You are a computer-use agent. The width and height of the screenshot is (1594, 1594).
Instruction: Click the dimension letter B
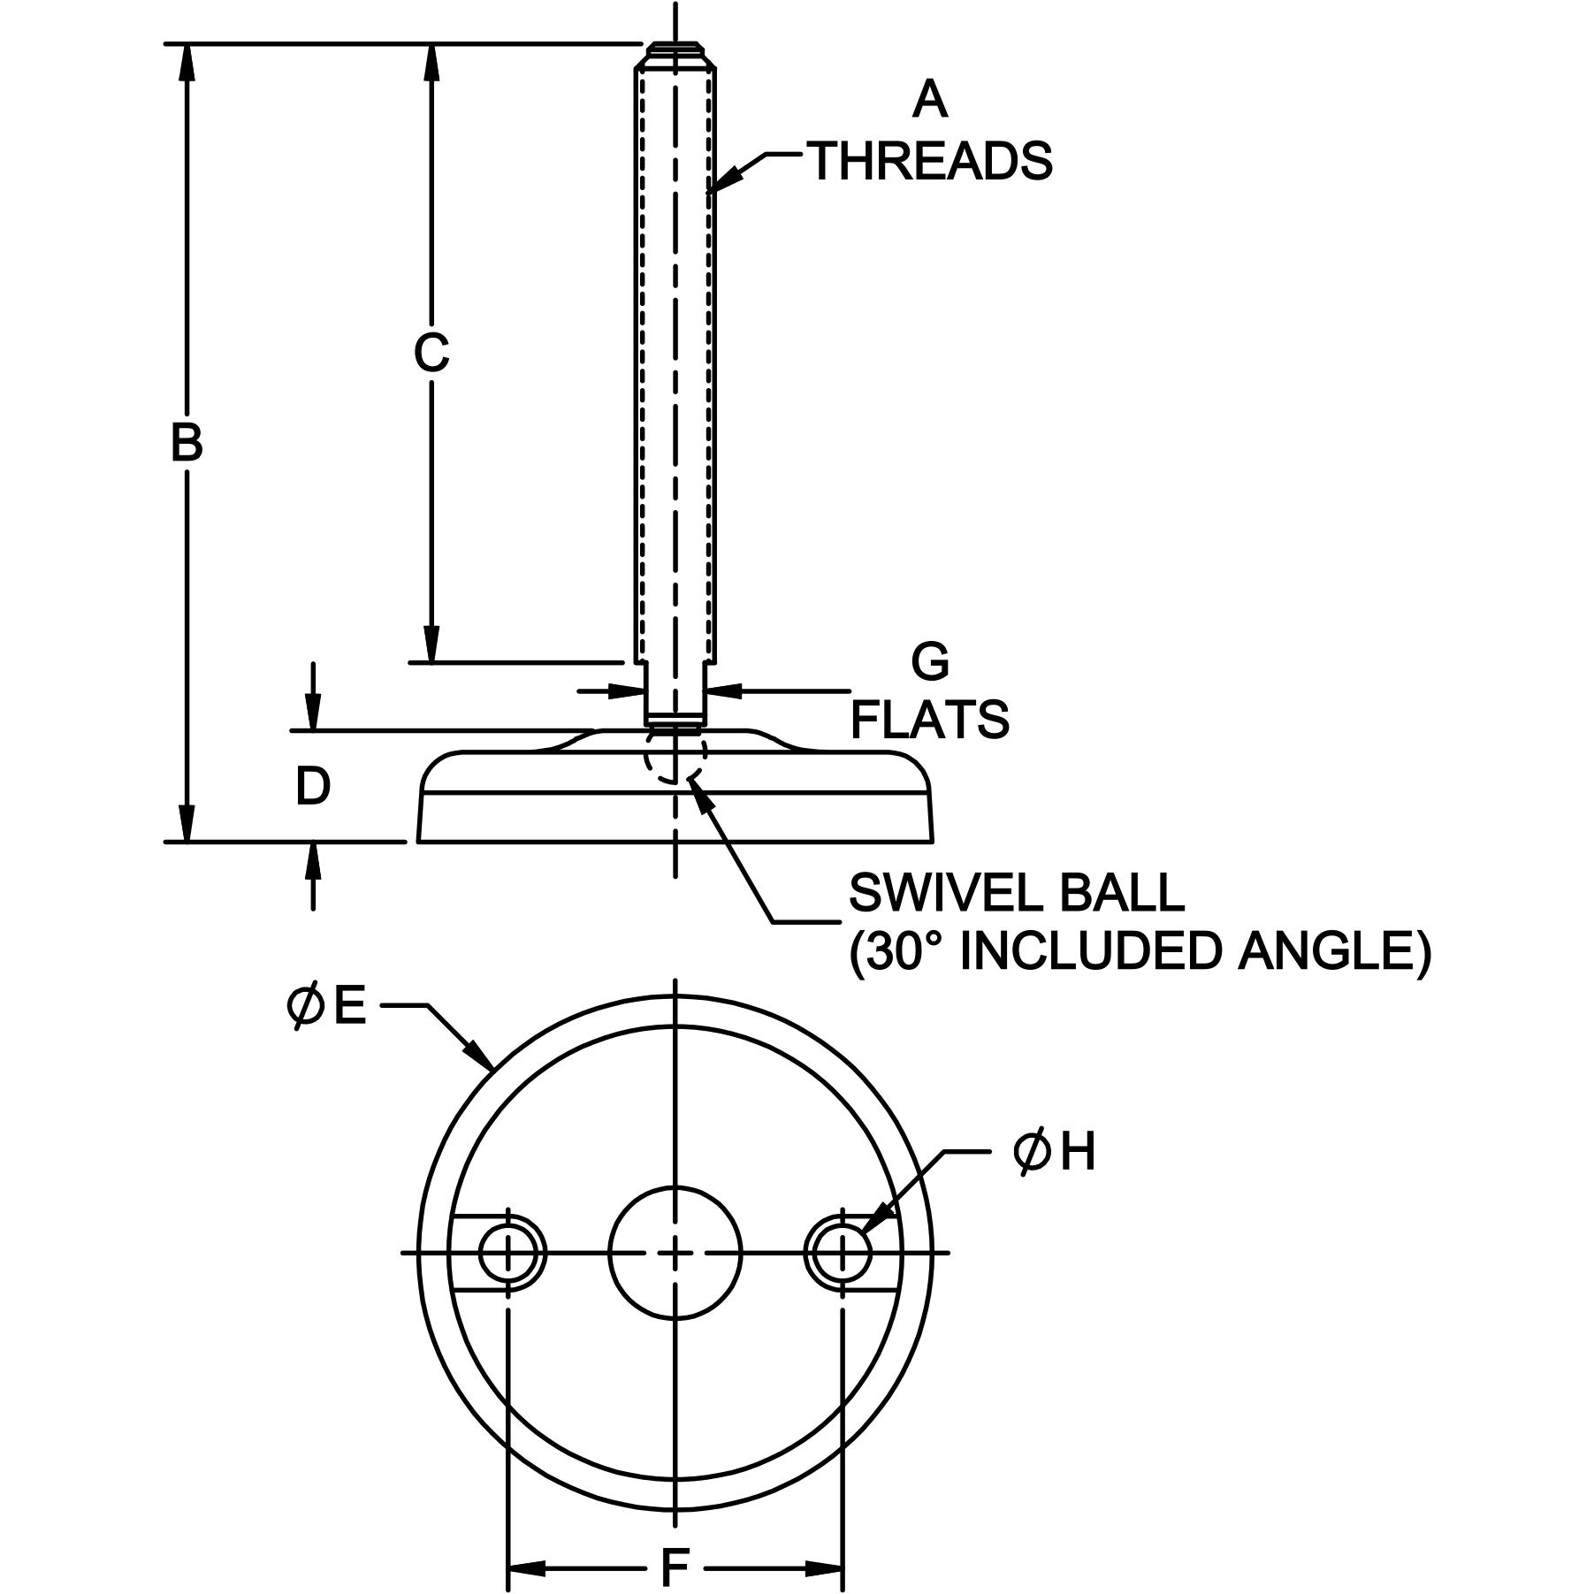pos(187,443)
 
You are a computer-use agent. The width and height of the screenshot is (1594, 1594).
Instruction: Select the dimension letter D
pos(313,786)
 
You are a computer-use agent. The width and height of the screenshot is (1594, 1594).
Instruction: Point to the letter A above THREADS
pos(929,99)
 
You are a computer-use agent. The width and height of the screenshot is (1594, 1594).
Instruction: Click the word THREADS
pos(932,161)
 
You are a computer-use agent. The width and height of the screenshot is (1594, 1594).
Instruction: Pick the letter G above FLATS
pos(929,661)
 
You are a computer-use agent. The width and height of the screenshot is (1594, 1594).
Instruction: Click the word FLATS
pos(929,720)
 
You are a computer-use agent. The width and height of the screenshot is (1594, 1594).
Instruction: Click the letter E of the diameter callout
pos(350,1007)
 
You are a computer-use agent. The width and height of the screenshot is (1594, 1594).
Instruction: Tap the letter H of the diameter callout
pos(1078,1153)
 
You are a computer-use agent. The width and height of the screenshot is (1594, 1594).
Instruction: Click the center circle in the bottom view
pos(675,1252)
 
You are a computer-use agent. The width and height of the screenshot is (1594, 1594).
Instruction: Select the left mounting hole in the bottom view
pos(508,1252)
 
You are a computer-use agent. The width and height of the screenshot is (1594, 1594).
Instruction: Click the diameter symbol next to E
pos(305,1007)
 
